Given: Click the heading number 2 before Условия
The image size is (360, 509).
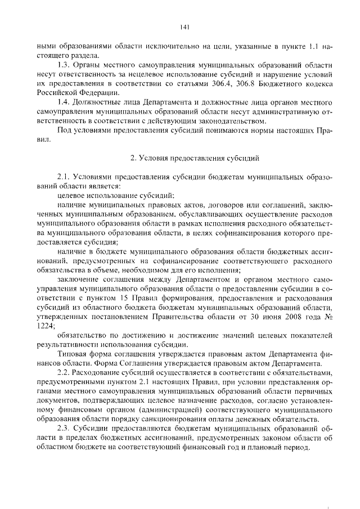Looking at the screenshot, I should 132,157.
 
